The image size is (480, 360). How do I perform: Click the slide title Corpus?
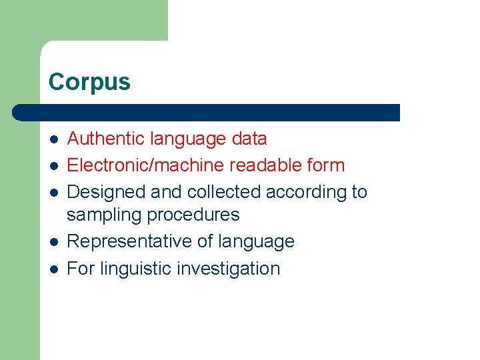click(x=89, y=82)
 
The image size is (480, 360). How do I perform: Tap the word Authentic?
click(x=106, y=139)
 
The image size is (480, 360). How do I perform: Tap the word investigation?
click(x=229, y=269)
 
